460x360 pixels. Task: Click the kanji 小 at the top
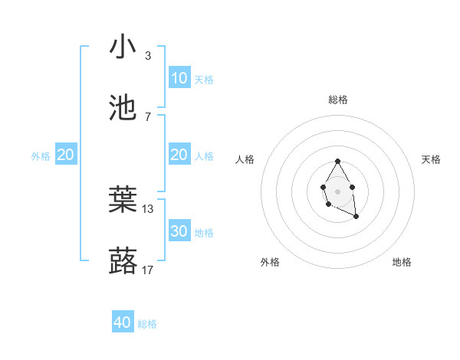(123, 47)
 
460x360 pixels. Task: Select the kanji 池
(123, 107)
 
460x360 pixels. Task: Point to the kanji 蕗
(123, 260)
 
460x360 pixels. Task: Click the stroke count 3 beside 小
(148, 56)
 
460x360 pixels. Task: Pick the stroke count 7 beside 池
(148, 116)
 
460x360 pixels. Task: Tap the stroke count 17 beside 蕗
(148, 270)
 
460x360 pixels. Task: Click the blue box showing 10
(179, 78)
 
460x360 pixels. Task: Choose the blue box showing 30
(179, 231)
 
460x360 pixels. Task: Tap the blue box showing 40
(123, 322)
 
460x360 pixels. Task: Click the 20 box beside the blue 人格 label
(179, 155)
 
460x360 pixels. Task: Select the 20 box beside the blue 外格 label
(66, 155)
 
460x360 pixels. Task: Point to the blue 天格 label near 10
(204, 80)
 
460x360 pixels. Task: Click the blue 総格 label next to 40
(147, 324)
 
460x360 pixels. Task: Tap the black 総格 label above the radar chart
(338, 100)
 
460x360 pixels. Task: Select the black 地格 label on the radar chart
(402, 262)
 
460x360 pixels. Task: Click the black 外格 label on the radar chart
(270, 262)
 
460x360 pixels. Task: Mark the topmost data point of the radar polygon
(337, 161)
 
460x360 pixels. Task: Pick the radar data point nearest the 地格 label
(356, 217)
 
